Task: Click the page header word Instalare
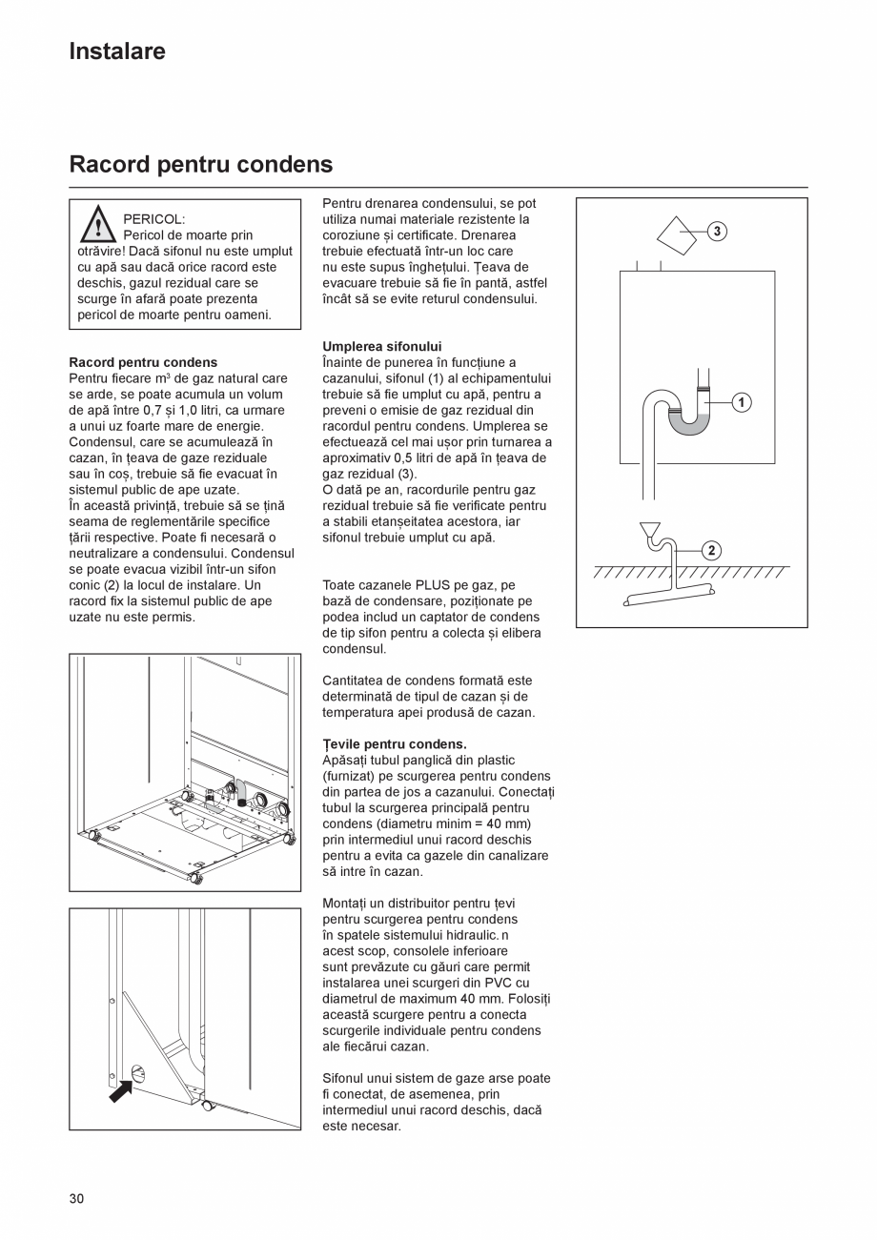coord(117,51)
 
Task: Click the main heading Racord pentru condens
coord(200,165)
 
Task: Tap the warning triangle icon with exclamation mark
coord(97,226)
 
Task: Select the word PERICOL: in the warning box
coord(154,219)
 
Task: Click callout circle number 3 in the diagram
coord(717,231)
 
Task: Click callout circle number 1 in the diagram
coord(741,402)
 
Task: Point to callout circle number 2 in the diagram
coord(712,550)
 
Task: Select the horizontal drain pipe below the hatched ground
coord(667,596)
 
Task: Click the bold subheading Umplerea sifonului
coord(381,346)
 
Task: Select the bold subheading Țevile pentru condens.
coord(394,743)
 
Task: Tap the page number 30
coord(76,1198)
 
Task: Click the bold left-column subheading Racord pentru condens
coord(143,362)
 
